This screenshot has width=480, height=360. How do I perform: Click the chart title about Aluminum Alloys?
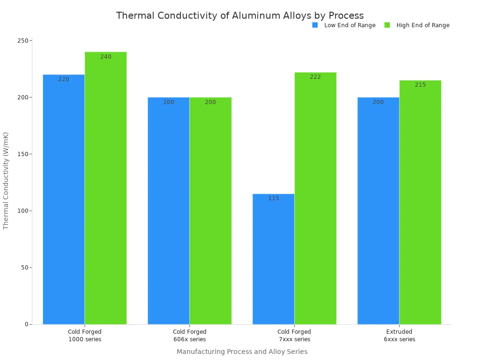[240, 15]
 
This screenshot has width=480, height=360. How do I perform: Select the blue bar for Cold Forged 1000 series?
[64, 199]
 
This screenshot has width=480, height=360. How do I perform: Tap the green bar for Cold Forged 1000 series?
[105, 187]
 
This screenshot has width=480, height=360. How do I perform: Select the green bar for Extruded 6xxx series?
[420, 202]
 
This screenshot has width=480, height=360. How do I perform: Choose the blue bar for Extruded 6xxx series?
[378, 210]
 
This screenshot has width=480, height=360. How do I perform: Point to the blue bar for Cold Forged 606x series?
[169, 210]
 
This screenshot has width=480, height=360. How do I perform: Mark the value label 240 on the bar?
[106, 57]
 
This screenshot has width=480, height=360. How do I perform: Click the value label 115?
[274, 198]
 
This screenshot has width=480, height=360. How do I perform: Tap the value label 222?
[315, 77]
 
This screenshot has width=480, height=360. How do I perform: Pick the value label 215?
[420, 85]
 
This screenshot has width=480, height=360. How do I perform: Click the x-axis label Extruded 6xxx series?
[399, 336]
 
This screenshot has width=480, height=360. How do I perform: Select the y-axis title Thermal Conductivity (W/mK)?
[6, 180]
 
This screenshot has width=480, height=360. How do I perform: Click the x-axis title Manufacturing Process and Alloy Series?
[242, 352]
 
